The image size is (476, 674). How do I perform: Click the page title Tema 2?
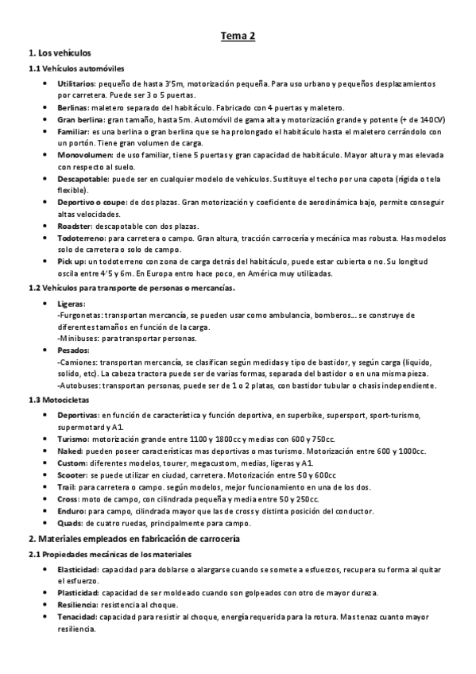[238, 36]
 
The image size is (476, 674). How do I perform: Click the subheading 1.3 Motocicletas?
[59, 400]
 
